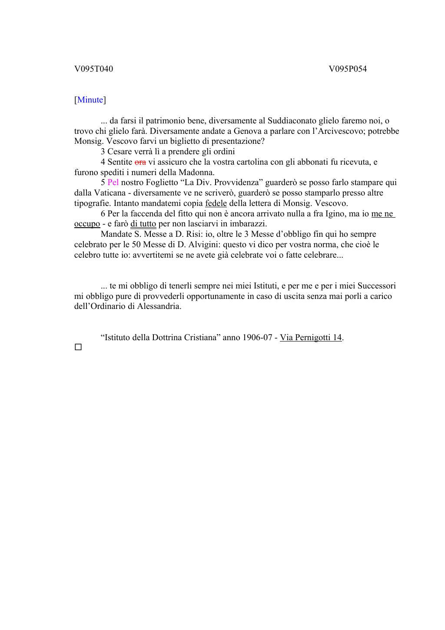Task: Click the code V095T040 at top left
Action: (x=93, y=69)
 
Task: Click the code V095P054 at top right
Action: (x=348, y=69)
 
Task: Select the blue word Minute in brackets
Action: (x=90, y=100)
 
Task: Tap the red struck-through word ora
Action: (x=140, y=162)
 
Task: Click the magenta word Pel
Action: (x=113, y=182)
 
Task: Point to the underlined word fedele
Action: (x=216, y=203)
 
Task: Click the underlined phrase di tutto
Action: (x=143, y=224)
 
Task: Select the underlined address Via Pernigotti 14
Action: (x=311, y=338)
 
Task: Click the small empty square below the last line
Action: (x=78, y=347)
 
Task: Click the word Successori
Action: (x=376, y=286)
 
